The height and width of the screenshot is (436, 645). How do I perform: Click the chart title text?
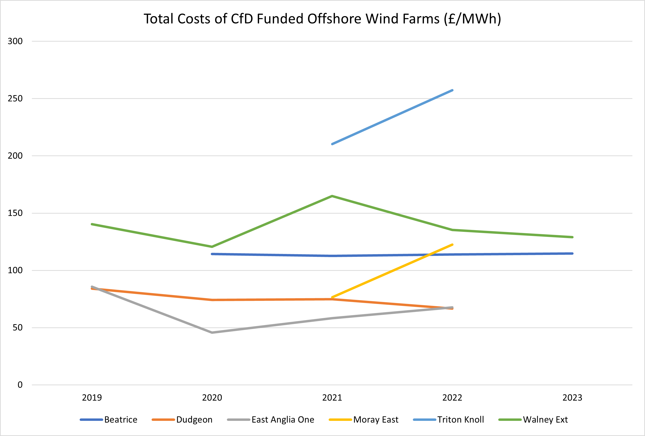[x=322, y=19]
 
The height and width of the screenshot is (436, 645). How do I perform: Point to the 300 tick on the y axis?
[x=15, y=41]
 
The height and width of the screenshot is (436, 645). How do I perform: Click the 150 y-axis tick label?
[x=15, y=213]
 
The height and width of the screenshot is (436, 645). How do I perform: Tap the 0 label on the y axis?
[x=20, y=385]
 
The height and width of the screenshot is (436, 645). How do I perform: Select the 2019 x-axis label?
[x=92, y=398]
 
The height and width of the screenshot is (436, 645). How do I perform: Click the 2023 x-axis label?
[x=572, y=398]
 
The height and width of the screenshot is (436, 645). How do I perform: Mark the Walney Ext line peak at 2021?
[x=332, y=196]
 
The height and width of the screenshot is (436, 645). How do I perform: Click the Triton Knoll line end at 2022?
[x=452, y=90]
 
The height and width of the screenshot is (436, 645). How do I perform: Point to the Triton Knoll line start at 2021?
[x=332, y=144]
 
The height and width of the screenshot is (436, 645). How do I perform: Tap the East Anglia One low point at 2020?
[x=212, y=333]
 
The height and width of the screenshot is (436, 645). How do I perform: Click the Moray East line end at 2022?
[x=452, y=245]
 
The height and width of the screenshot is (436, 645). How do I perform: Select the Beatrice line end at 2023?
[x=572, y=253]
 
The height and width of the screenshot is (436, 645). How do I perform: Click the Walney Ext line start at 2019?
[x=92, y=224]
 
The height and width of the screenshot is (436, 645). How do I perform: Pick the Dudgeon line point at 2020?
[x=212, y=300]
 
